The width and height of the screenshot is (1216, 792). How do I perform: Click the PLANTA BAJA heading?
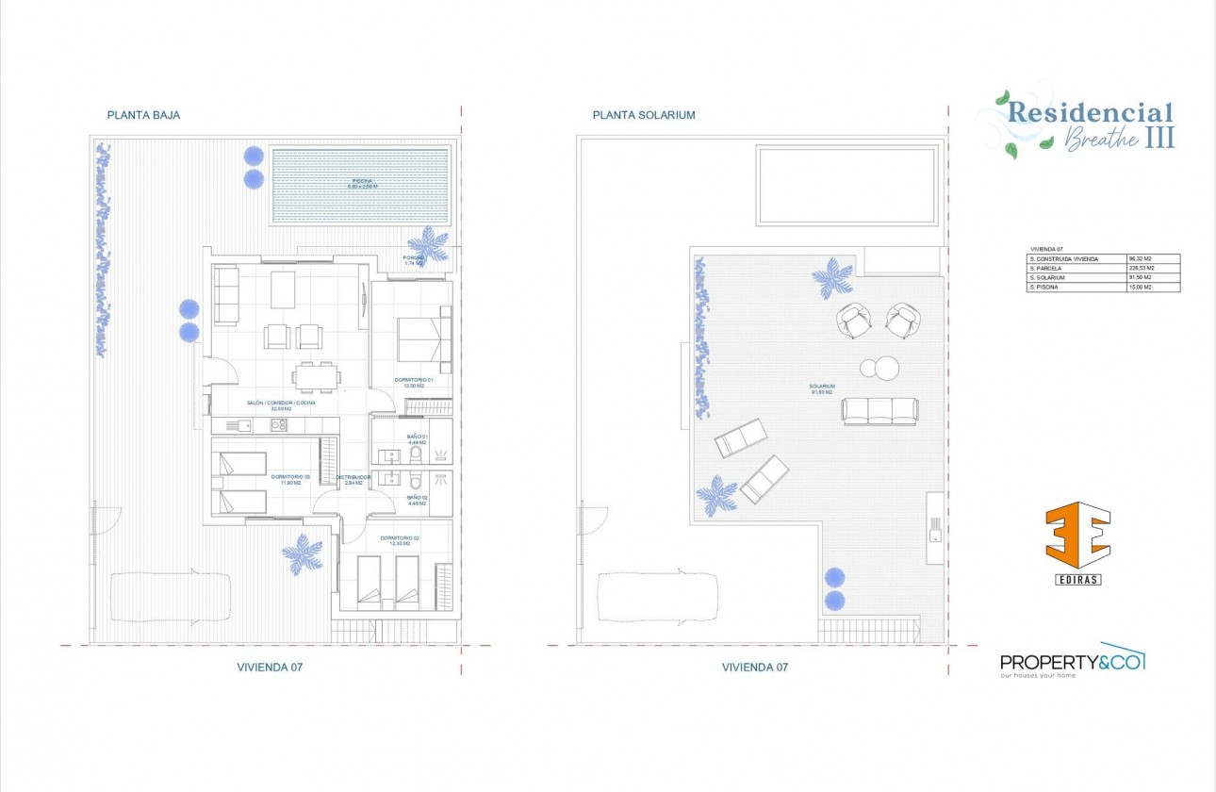143,115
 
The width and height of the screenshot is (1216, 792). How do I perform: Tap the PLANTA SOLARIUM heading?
644,115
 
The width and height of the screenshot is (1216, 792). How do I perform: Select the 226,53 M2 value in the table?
1142,268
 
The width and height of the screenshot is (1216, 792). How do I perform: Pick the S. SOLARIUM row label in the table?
1048,277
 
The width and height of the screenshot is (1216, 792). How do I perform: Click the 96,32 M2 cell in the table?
1142,258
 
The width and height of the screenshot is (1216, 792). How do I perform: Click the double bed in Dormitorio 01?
423,338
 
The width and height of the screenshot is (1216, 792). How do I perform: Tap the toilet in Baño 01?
416,455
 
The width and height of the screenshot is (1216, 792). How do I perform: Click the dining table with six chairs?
315,375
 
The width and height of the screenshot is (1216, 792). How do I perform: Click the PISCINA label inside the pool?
362,184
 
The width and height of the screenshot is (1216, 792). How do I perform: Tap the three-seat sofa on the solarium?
879,410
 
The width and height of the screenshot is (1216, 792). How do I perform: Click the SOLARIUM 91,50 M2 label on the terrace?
822,388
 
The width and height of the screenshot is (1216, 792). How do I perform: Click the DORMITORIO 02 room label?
400,540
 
